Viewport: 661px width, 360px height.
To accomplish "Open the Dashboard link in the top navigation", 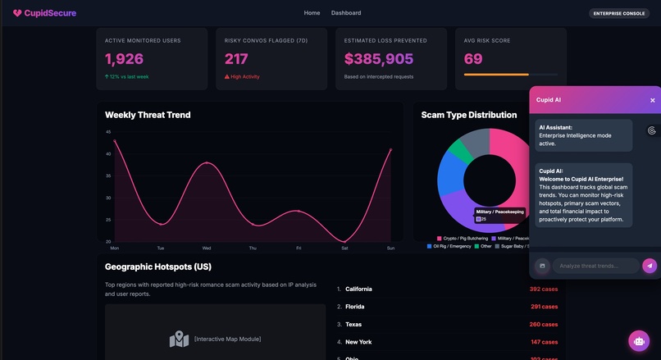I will [x=345, y=13].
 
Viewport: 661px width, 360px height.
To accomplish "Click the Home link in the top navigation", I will [x=312, y=13].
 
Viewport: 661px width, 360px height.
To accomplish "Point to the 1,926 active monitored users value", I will [x=124, y=59].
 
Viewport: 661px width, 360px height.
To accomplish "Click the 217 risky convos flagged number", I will [x=236, y=59].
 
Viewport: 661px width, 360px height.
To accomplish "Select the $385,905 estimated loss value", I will [x=379, y=59].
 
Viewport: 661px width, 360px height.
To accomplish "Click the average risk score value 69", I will [x=473, y=59].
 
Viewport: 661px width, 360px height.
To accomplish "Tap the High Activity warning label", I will [x=247, y=77].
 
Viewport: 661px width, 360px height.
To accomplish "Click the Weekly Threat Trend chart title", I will [x=148, y=115].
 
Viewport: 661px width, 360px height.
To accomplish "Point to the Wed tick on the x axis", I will [x=207, y=247].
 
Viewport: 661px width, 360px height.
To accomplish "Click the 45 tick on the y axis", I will [x=108, y=132].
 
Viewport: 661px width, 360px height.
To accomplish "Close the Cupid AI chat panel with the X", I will [x=653, y=100].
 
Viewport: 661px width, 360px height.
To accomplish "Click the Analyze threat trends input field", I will [x=595, y=266].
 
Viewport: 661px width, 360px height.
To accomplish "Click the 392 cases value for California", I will [x=543, y=289].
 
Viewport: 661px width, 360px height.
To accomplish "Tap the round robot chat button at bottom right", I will [x=639, y=340].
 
